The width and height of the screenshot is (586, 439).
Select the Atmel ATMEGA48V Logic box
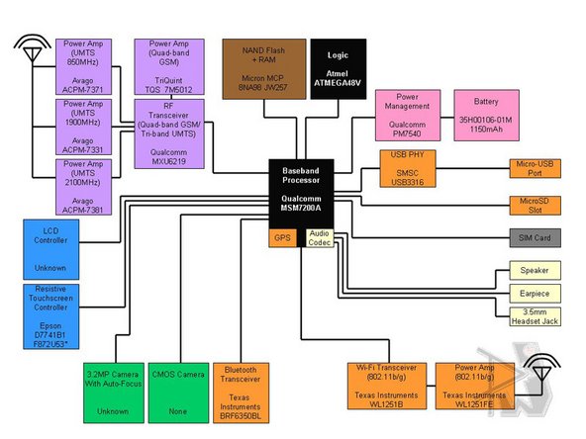pos(339,67)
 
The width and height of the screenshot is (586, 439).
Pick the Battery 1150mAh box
pos(487,114)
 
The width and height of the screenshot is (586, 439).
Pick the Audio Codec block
pos(319,238)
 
